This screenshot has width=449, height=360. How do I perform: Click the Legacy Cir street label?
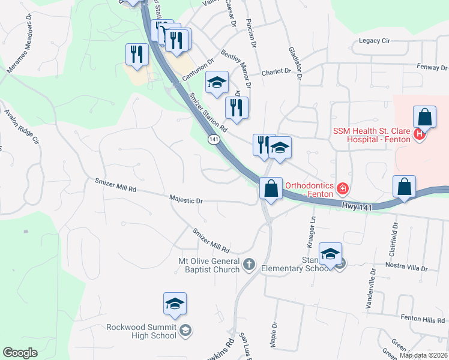point(375,41)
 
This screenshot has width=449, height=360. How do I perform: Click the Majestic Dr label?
point(186,200)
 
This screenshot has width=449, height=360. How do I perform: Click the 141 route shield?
point(214,139)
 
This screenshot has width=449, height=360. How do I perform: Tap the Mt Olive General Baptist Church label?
point(209,265)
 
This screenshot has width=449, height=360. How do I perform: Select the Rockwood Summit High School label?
point(142,331)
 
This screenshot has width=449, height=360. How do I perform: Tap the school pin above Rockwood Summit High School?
point(175,304)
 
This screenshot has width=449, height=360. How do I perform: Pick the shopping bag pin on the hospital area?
point(424,119)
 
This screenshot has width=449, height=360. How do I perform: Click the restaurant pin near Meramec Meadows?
point(137,55)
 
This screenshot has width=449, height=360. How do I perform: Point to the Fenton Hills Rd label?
point(423,319)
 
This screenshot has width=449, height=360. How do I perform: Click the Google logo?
point(20,353)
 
